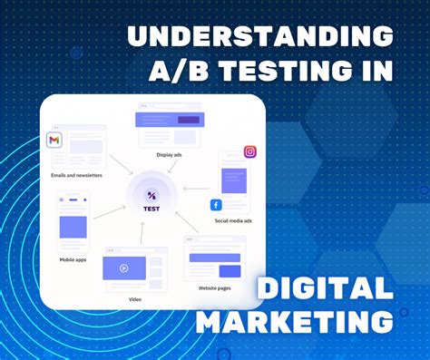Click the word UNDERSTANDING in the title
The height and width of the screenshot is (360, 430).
[259, 36]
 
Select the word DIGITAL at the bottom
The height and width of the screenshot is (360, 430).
[325, 289]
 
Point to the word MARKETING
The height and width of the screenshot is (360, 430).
[297, 321]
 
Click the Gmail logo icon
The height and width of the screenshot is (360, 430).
[55, 140]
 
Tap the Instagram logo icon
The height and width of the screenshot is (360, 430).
[249, 152]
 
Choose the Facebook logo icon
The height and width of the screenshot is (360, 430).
[216, 205]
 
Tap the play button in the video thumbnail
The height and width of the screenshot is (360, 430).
[123, 268]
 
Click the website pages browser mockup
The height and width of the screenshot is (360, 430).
[214, 258]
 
